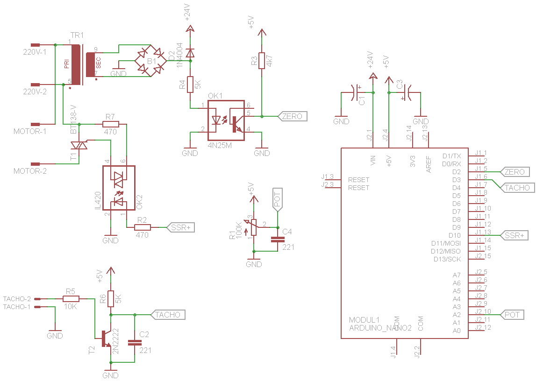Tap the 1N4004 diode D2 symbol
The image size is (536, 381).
pyautogui.click(x=190, y=51)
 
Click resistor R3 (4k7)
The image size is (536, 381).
pyautogui.click(x=262, y=60)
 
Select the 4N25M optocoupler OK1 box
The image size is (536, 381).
pyautogui.click(x=226, y=120)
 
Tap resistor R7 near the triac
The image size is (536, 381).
pyautogui.click(x=111, y=124)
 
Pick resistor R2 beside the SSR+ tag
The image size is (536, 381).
pyautogui.click(x=143, y=227)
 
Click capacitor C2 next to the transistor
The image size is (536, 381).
pyautogui.click(x=135, y=342)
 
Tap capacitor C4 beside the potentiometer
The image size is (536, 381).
pyautogui.click(x=278, y=240)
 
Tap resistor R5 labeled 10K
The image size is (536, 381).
pyautogui.click(x=71, y=298)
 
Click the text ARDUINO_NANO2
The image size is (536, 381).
pyautogui.click(x=380, y=328)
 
